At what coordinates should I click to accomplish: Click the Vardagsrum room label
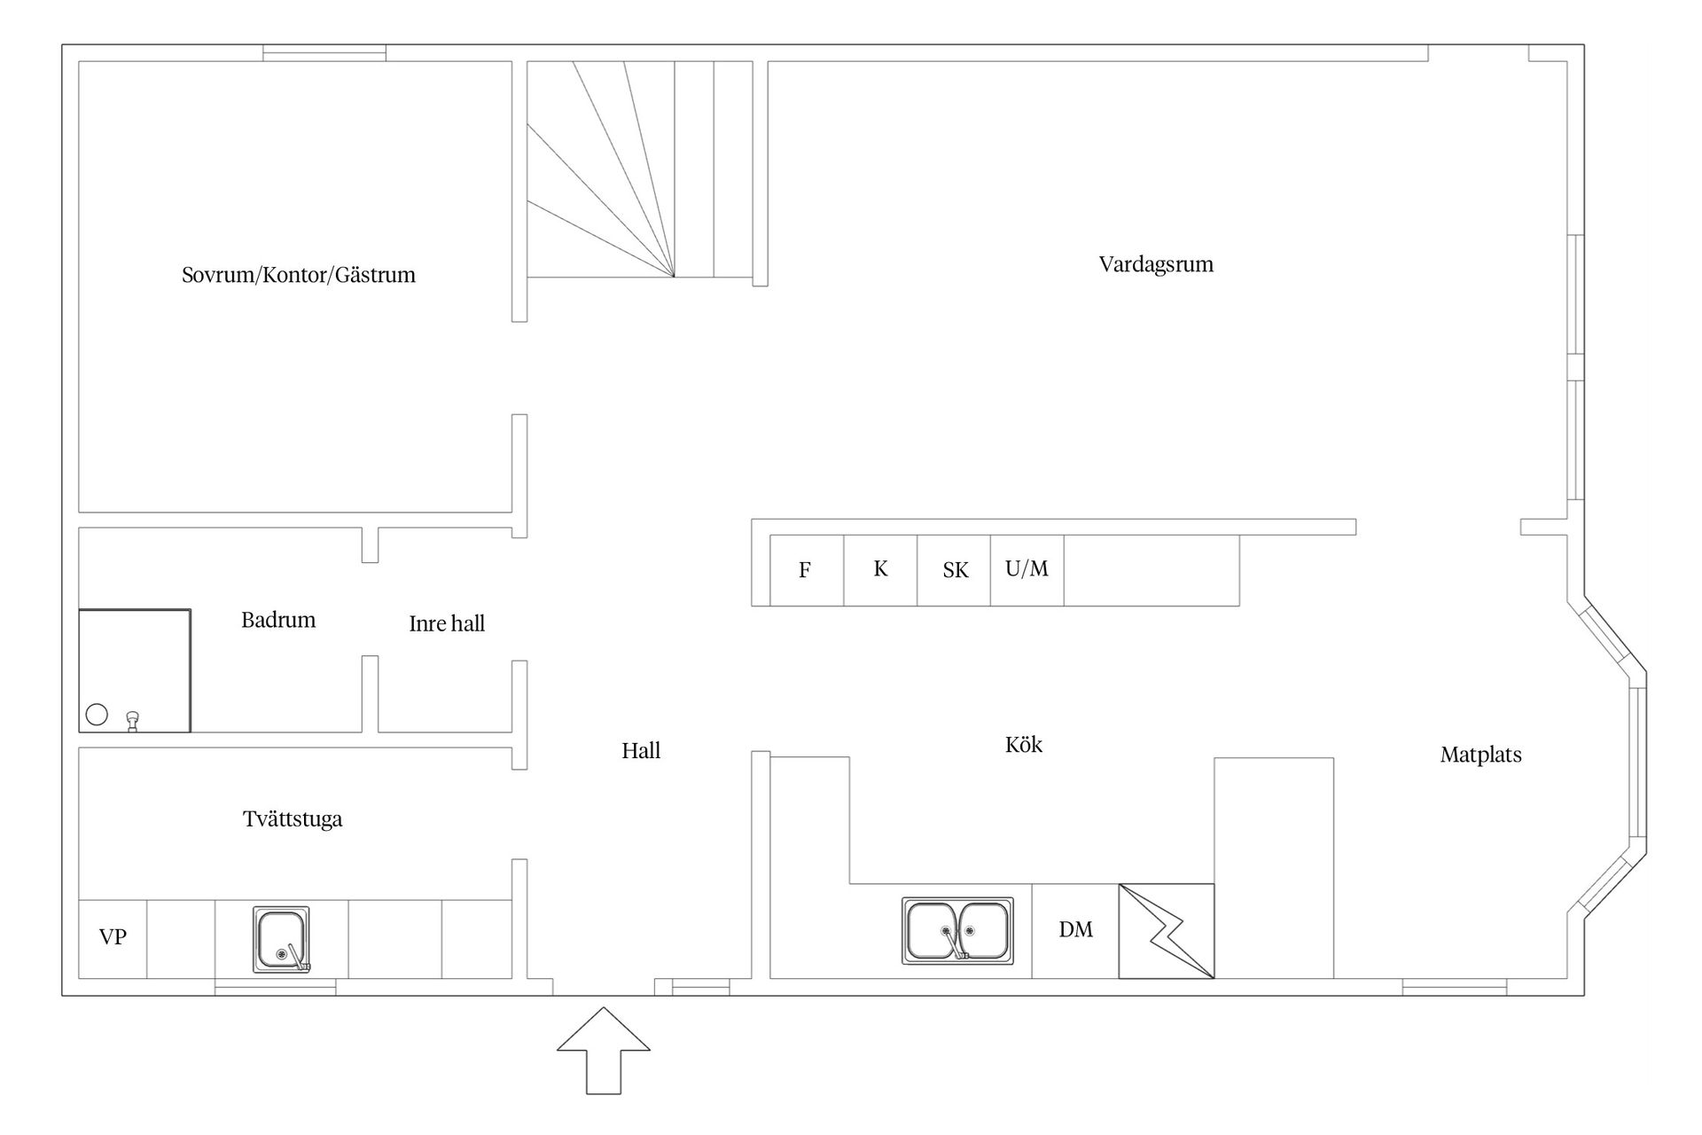[1156, 264]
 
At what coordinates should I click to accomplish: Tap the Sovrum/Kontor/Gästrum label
[299, 275]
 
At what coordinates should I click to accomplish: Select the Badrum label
[278, 620]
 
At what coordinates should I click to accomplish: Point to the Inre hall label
[447, 623]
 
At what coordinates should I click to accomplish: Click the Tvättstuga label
[293, 818]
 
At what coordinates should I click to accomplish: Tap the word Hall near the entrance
[641, 751]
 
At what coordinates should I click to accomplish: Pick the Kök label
[1024, 744]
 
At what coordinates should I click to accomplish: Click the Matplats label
[1481, 755]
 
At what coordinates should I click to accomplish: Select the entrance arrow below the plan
[604, 1050]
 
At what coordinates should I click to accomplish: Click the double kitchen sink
[957, 930]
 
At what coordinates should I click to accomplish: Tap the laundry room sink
[282, 939]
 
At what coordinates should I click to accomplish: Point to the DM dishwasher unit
[1075, 931]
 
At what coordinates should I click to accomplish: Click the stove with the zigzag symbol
[1167, 931]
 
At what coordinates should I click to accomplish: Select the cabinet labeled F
[807, 570]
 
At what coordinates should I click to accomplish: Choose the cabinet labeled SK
[954, 570]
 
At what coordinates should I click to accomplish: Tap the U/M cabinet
[1027, 570]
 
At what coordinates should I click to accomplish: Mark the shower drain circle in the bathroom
[97, 715]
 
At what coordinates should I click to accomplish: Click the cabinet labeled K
[880, 570]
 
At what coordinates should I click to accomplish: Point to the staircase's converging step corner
[675, 277]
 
